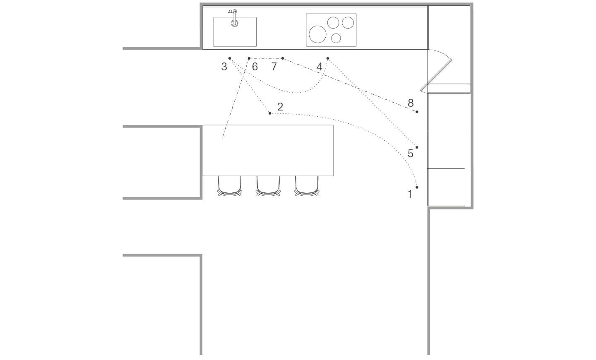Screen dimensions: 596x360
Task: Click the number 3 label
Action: pyautogui.click(x=224, y=67)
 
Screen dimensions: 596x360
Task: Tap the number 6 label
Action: pyautogui.click(x=255, y=67)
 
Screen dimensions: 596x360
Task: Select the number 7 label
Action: pyautogui.click(x=274, y=67)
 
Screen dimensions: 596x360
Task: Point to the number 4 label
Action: pyautogui.click(x=319, y=67)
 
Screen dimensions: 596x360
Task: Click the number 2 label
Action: pyautogui.click(x=280, y=107)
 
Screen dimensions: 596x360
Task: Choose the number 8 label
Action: pyautogui.click(x=411, y=103)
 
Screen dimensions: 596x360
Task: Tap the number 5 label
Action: pyautogui.click(x=411, y=154)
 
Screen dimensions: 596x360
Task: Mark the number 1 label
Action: pyautogui.click(x=410, y=194)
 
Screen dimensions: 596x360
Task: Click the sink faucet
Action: pyautogui.click(x=234, y=18)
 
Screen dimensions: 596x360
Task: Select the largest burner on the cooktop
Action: pyautogui.click(x=318, y=34)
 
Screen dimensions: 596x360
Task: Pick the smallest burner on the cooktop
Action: pyautogui.click(x=336, y=38)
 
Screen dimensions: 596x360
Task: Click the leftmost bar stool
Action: pyautogui.click(x=230, y=186)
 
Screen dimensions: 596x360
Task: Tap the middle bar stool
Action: pyautogui.click(x=268, y=186)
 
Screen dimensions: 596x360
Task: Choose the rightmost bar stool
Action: pyautogui.click(x=307, y=186)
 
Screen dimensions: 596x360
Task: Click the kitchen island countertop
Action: pyautogui.click(x=268, y=150)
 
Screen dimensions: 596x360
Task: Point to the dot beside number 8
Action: pyautogui.click(x=417, y=112)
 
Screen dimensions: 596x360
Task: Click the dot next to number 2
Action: pyautogui.click(x=270, y=113)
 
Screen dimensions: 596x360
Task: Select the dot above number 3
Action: pyautogui.click(x=230, y=58)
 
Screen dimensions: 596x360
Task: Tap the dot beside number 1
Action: pyautogui.click(x=417, y=187)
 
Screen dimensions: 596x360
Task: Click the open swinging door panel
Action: pyautogui.click(x=436, y=76)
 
